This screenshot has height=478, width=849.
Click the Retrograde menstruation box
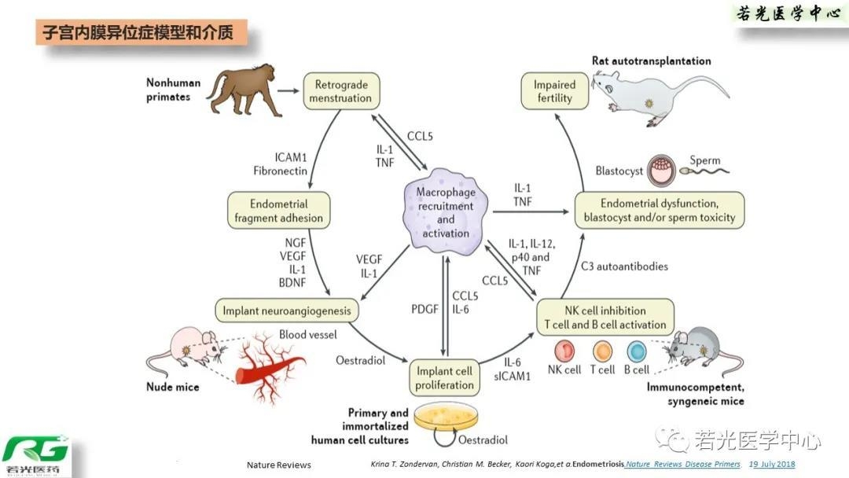(x=340, y=91)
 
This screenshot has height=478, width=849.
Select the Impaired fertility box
(x=554, y=91)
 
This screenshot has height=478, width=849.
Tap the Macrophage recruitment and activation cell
(x=446, y=207)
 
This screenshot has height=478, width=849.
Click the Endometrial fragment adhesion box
(x=279, y=210)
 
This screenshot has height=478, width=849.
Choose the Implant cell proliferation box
(x=445, y=377)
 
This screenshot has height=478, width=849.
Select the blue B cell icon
(x=636, y=351)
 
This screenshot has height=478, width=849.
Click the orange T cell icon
(x=602, y=351)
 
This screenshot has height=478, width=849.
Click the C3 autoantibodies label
(x=624, y=267)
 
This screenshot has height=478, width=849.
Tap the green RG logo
(x=35, y=454)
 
